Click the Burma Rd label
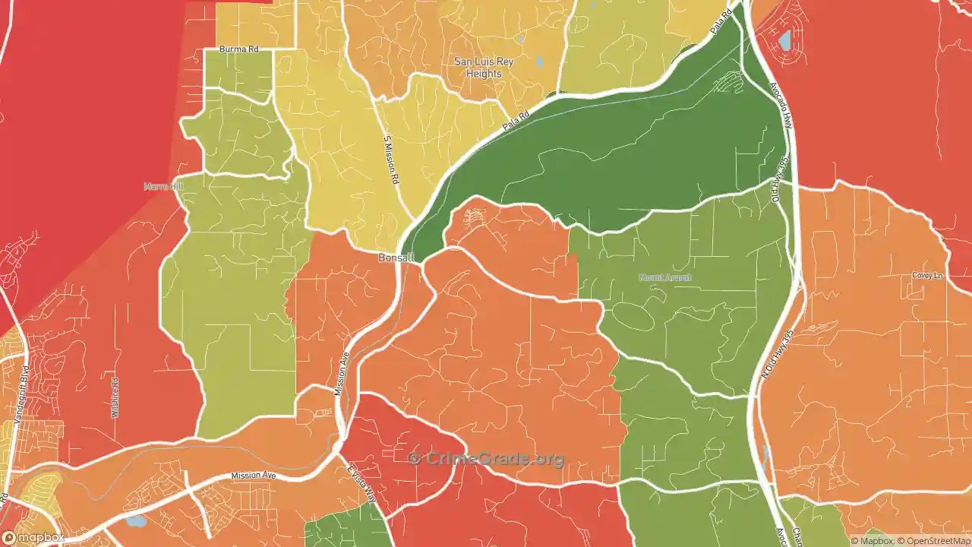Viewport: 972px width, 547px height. pyautogui.click(x=238, y=49)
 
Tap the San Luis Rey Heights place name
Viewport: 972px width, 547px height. pyautogui.click(x=484, y=68)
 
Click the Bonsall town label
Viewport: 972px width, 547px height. pyautogui.click(x=396, y=258)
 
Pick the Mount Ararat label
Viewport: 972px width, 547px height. pyautogui.click(x=665, y=277)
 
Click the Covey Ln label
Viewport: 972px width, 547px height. pyautogui.click(x=927, y=275)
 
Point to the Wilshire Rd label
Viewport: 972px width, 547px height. pyautogui.click(x=115, y=397)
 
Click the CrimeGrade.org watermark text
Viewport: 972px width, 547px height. pyautogui.click(x=486, y=458)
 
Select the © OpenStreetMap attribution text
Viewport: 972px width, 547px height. pyautogui.click(x=935, y=541)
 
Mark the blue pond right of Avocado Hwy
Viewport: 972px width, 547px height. pyautogui.click(x=784, y=39)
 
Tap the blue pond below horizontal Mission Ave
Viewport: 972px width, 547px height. pyautogui.click(x=136, y=521)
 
